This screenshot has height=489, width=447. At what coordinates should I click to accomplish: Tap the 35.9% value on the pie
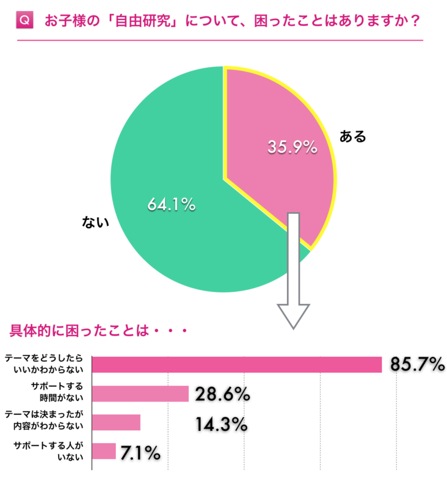click(x=292, y=147)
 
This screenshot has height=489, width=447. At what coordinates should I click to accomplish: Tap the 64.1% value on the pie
click(x=171, y=205)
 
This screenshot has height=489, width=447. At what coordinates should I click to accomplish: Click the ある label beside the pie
click(x=352, y=136)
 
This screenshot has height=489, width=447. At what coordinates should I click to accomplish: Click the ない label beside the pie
click(x=95, y=222)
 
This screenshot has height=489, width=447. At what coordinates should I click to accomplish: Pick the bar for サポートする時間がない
click(x=140, y=394)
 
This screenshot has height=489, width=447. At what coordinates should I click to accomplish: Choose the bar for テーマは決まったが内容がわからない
click(x=116, y=422)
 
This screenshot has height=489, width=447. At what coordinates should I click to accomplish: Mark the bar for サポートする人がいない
click(x=103, y=451)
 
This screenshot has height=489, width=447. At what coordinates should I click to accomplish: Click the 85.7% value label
click(x=417, y=365)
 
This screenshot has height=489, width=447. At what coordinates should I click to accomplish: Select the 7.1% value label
click(x=140, y=452)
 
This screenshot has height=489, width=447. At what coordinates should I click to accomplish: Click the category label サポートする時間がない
click(x=61, y=393)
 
